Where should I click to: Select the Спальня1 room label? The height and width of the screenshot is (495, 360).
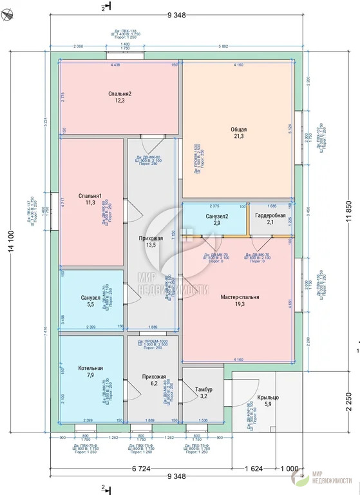(90, 195)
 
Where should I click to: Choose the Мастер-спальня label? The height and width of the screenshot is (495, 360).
(240, 297)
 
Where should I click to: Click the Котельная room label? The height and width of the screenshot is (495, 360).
(90, 368)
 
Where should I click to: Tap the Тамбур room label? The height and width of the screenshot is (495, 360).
(204, 389)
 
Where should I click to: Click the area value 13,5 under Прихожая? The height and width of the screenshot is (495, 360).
(150, 245)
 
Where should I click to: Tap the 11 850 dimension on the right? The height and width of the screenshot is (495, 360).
(350, 211)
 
